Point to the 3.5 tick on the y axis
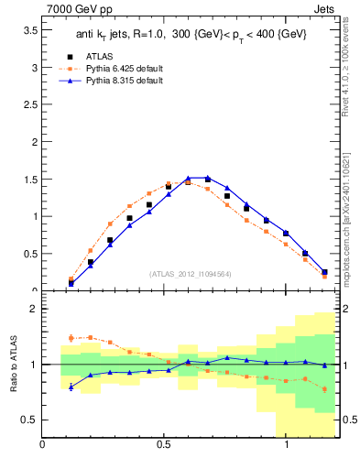tap(28, 30)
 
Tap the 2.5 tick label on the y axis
tap(28, 105)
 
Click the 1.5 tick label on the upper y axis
tap(28, 180)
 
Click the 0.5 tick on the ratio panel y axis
tap(28, 420)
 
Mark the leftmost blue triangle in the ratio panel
tap(71, 387)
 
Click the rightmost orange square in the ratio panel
tap(324, 389)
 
